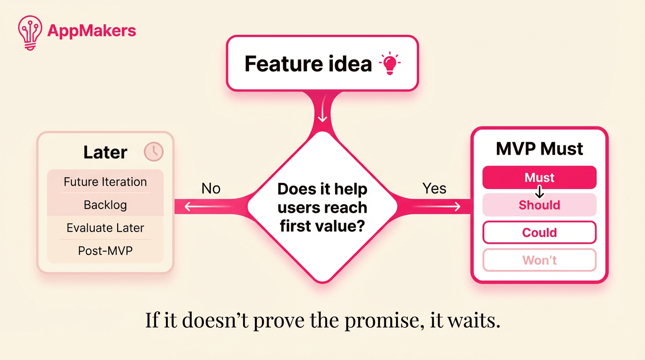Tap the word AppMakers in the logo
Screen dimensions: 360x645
point(92,31)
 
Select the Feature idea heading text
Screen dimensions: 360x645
point(308,64)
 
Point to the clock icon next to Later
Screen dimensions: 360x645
point(153,152)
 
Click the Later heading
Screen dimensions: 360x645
point(105,152)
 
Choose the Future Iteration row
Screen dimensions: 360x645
point(105,182)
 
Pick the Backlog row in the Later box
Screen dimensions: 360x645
point(105,205)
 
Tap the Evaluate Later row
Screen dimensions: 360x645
point(105,228)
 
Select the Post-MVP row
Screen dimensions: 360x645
point(105,251)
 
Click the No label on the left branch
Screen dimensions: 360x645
point(211,188)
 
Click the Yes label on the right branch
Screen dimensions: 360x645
point(434,188)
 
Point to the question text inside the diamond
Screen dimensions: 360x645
point(322,208)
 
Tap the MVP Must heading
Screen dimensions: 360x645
point(540,149)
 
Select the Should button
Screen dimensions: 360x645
point(539,205)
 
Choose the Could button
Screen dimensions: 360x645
point(539,232)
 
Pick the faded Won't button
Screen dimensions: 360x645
point(539,260)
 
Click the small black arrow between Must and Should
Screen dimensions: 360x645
point(540,191)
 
